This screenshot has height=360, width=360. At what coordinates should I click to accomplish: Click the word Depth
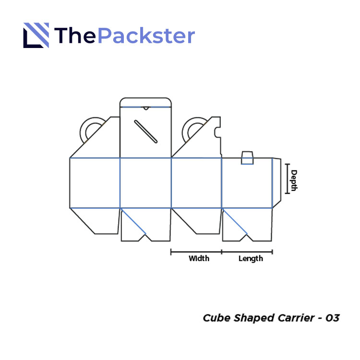(x=294, y=180)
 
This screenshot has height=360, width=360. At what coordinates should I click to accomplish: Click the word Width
(x=199, y=259)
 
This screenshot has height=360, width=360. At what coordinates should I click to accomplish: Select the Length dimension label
(x=251, y=259)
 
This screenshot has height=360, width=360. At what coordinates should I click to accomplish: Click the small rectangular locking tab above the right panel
(x=247, y=158)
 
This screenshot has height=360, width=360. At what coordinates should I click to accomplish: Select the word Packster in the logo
(x=146, y=36)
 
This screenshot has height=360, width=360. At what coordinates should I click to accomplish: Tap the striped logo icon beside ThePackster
(x=36, y=36)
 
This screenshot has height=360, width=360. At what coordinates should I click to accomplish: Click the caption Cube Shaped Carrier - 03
(x=271, y=318)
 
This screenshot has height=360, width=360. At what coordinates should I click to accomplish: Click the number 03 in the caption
(x=332, y=318)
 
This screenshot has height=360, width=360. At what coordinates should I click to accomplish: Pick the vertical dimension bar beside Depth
(x=287, y=179)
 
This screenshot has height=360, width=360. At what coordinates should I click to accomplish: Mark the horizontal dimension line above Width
(x=196, y=251)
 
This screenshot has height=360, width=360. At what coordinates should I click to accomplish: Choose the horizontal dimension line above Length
(x=247, y=251)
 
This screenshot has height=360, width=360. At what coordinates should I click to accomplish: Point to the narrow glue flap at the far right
(x=276, y=182)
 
